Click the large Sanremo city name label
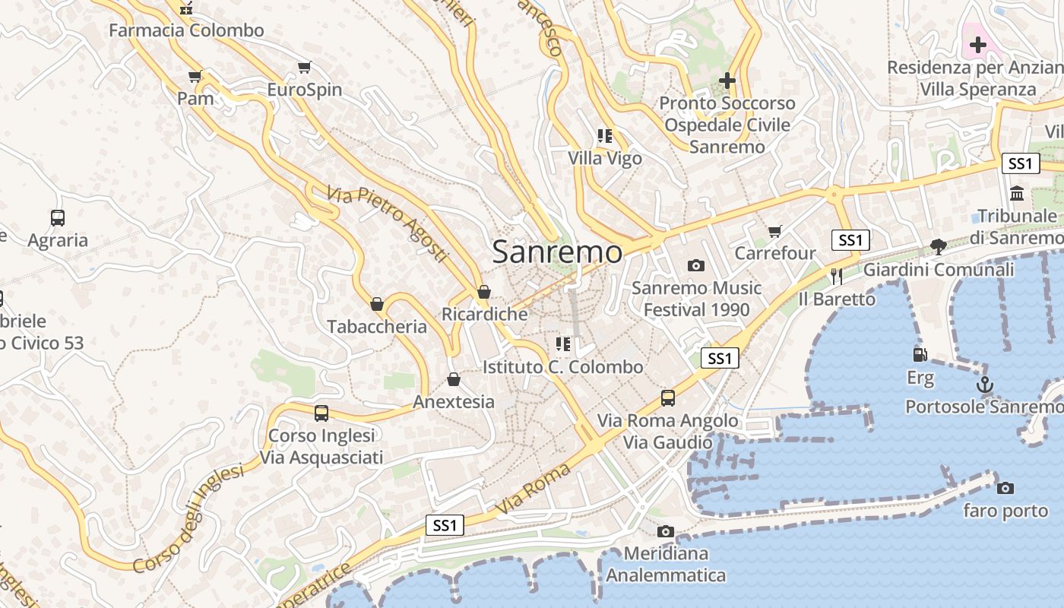pos(557,252)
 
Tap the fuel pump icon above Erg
pos(920,354)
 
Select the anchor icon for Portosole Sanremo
pos(985,385)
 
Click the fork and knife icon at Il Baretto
pos(837,276)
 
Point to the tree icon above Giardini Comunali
pos(939,246)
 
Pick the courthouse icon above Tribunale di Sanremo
pos(1017,193)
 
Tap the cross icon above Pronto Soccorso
pos(727,80)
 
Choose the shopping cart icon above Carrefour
pos(774,230)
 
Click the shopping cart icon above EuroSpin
pos(304,67)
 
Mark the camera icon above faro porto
pos(1005,488)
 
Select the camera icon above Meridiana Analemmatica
pos(666,530)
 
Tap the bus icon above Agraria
pos(58,217)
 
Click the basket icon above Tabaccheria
pos(376,304)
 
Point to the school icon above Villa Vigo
pos(605,136)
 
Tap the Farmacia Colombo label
pos(186,30)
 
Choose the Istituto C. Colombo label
pos(563,367)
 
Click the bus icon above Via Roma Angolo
pos(667,397)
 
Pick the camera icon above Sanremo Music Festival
pos(695,265)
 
